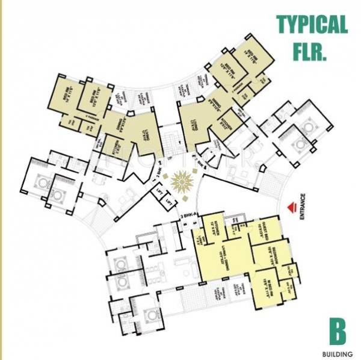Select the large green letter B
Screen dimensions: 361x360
[x=337, y=330]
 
